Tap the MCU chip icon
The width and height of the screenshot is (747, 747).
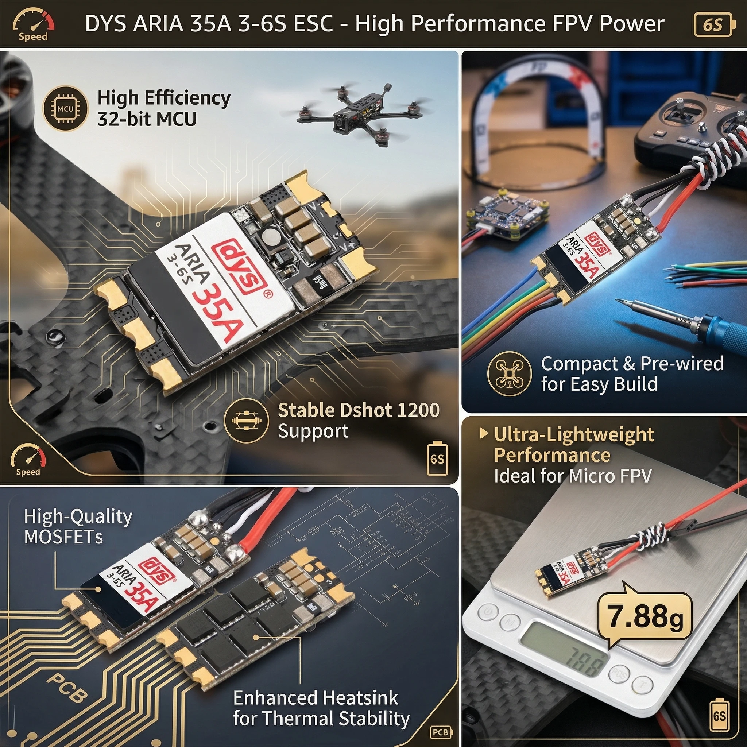click(65, 109)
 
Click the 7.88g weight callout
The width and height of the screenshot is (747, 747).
click(644, 616)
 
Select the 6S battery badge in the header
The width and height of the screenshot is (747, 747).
click(713, 25)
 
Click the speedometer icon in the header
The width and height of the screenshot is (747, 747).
click(33, 25)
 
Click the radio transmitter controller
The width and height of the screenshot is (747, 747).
click(692, 128)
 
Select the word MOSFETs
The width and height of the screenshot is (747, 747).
click(63, 537)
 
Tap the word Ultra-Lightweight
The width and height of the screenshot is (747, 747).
click(574, 434)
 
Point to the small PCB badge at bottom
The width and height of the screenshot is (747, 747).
click(441, 732)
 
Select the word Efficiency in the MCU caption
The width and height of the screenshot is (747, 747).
click(187, 98)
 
